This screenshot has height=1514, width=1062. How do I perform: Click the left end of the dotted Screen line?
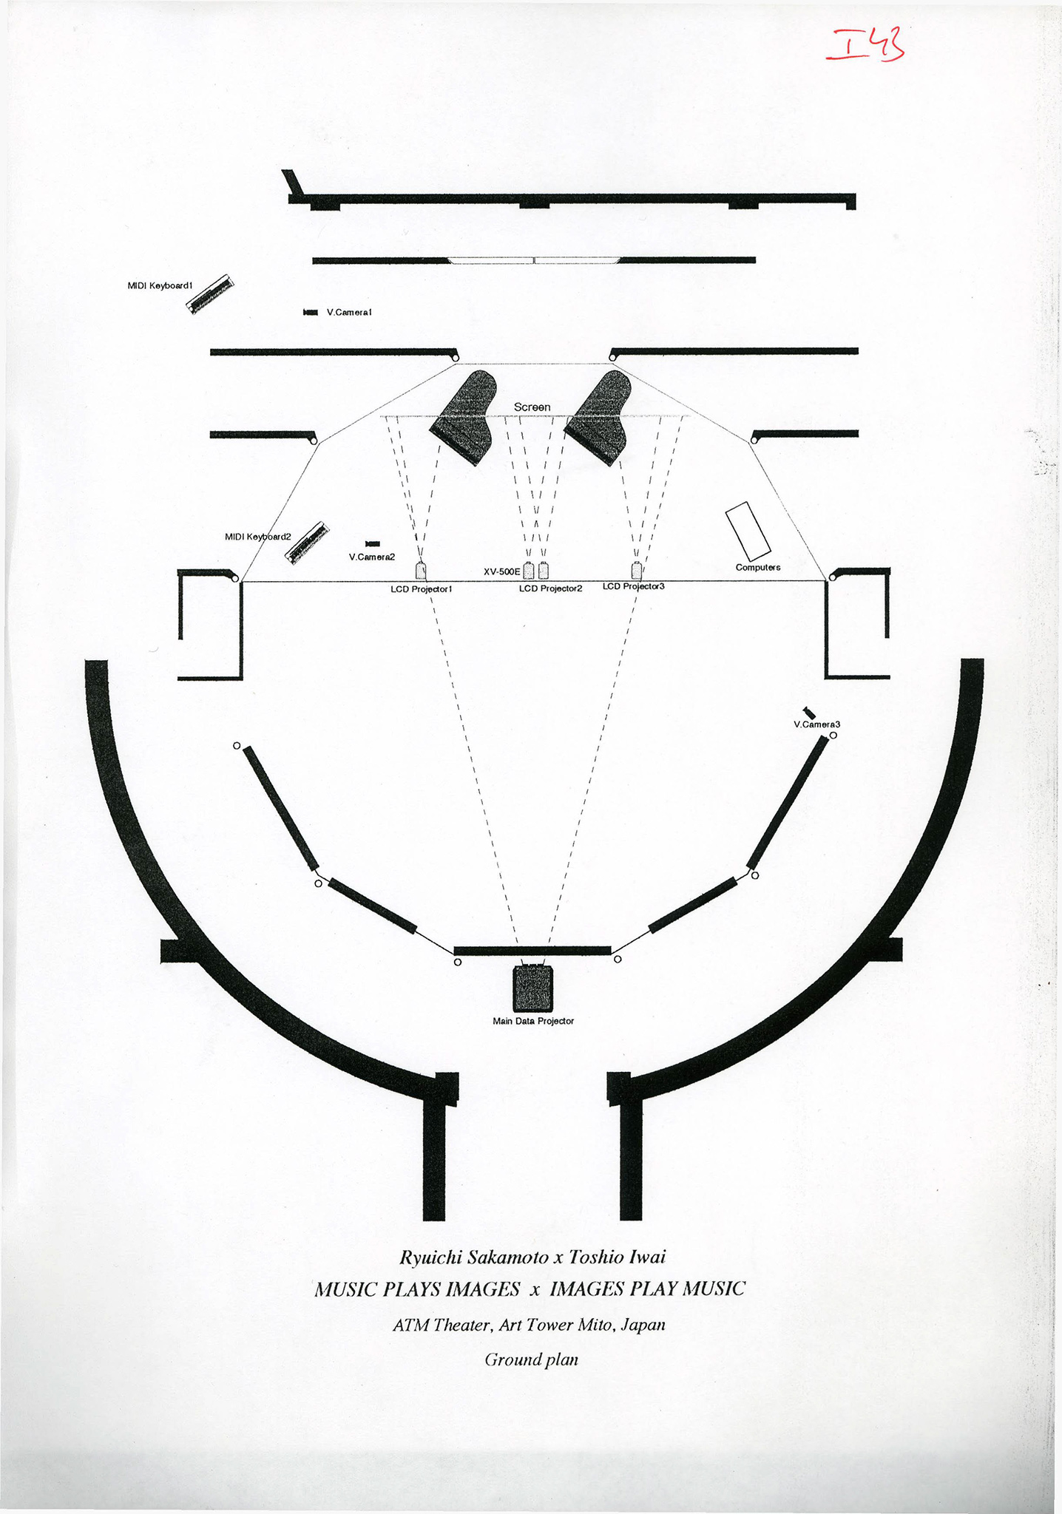[381, 417]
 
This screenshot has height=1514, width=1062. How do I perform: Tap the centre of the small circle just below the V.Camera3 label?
[833, 736]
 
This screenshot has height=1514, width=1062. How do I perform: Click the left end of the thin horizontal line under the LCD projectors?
[242, 582]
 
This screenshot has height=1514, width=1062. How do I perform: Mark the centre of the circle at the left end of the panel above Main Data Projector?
[458, 962]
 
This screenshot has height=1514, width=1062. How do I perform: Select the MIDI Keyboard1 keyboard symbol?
[209, 294]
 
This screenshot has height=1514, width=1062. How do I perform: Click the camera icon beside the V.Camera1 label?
[311, 313]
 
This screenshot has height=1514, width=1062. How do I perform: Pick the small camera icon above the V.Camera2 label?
[373, 544]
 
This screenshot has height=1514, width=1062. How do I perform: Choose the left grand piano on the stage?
[464, 417]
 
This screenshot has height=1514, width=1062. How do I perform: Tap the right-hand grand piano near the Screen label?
[598, 418]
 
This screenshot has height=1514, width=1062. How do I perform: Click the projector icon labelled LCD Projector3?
[637, 571]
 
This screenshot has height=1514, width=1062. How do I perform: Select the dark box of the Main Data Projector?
[533, 989]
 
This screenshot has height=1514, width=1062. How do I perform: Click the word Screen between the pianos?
[532, 407]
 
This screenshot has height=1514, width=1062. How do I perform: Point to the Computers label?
[758, 568]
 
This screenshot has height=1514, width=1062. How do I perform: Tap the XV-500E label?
[502, 571]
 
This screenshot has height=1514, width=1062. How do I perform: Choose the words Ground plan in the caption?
[531, 1359]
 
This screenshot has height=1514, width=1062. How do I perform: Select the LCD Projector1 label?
[422, 589]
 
